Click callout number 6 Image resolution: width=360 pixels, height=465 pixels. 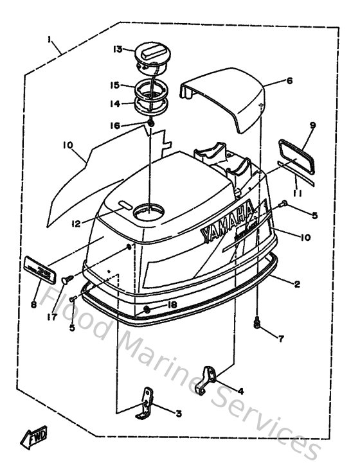click(x=289, y=81)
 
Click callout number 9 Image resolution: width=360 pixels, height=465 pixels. click(x=313, y=125)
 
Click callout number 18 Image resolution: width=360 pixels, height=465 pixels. click(x=172, y=304)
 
